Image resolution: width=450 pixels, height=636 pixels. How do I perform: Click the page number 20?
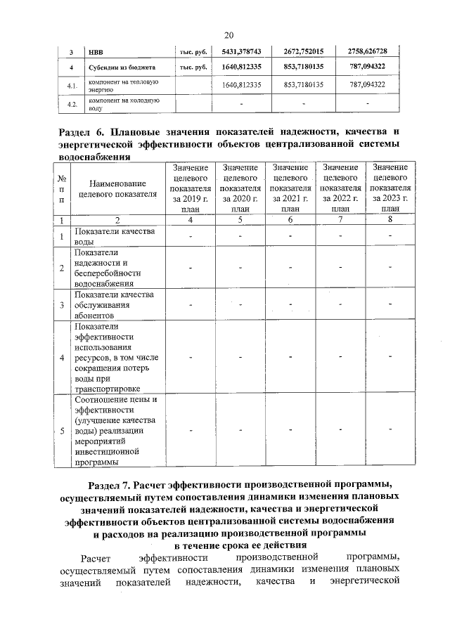point(229,35)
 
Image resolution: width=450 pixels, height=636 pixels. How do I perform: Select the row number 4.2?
point(71,104)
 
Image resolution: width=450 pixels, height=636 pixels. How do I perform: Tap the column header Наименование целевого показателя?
point(117,187)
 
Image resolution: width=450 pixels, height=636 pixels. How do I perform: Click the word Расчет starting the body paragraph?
point(94,558)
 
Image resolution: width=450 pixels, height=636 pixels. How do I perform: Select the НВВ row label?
point(96,51)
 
